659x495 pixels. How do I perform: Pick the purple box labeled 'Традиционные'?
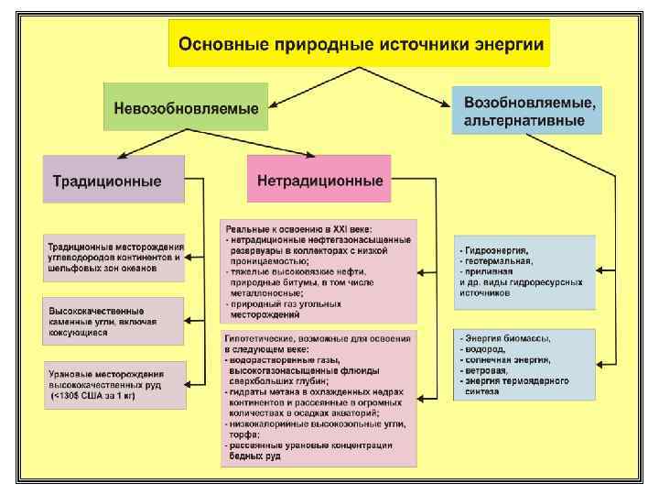pos(113,180)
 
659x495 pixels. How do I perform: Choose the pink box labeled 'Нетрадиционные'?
pos(319,180)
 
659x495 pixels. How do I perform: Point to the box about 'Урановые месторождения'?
pos(114,385)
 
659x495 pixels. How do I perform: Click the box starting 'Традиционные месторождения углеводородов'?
pos(114,258)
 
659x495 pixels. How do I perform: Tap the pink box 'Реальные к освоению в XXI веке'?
pos(319,270)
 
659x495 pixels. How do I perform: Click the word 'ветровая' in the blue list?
pos(485,370)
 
